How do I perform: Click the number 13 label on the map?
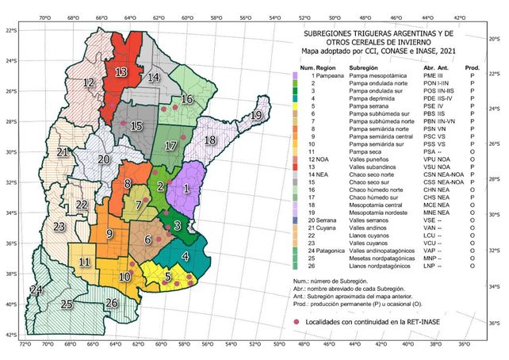coord(121,71)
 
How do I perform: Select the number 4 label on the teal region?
coord(185,256)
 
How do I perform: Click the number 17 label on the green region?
coord(170,146)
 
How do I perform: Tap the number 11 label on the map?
coord(84,262)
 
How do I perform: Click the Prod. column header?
coord(472,67)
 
